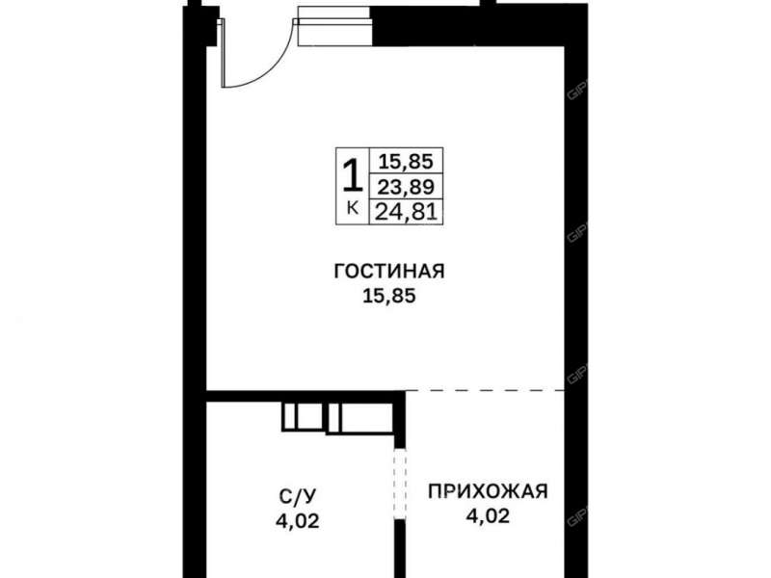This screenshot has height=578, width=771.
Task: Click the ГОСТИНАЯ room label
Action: (388, 273)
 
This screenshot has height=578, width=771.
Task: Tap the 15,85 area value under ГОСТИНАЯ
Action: (388, 298)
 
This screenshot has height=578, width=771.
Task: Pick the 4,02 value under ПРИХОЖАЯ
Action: (488, 516)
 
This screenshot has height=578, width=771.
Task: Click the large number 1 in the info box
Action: (352, 175)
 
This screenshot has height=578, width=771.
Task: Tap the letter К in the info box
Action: (352, 207)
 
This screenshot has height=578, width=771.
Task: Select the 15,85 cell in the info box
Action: (405, 162)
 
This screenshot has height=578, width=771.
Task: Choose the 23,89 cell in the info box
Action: (405, 186)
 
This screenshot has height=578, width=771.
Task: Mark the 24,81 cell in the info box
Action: (405, 209)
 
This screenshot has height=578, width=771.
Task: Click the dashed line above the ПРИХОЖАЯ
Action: (487, 391)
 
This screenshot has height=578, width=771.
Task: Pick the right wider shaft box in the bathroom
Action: (364, 416)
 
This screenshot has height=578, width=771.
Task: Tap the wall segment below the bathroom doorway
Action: (397, 549)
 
